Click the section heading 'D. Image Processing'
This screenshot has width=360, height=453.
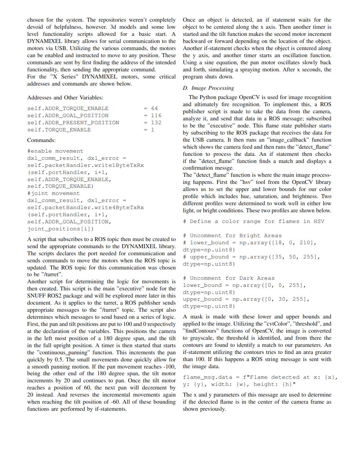coord(208,88)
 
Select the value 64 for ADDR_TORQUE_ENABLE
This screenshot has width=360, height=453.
coord(154,109)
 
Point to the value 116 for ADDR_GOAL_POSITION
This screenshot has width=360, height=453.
coord(156,116)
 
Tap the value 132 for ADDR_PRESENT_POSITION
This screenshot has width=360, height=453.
coord(156,123)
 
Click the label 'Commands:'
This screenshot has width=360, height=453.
coord(42,140)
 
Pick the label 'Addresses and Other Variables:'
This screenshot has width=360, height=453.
coord(65,98)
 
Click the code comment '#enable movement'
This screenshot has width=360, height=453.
coord(55,151)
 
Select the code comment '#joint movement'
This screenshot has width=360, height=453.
coord(53,193)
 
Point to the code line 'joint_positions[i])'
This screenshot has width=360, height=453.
coord(60,229)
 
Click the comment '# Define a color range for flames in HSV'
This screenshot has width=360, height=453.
coord(253,222)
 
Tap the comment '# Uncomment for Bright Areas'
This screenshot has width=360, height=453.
coord(232,236)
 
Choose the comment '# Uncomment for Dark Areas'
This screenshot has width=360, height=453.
coord(229,278)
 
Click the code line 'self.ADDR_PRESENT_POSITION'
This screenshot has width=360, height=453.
coord(73,123)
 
